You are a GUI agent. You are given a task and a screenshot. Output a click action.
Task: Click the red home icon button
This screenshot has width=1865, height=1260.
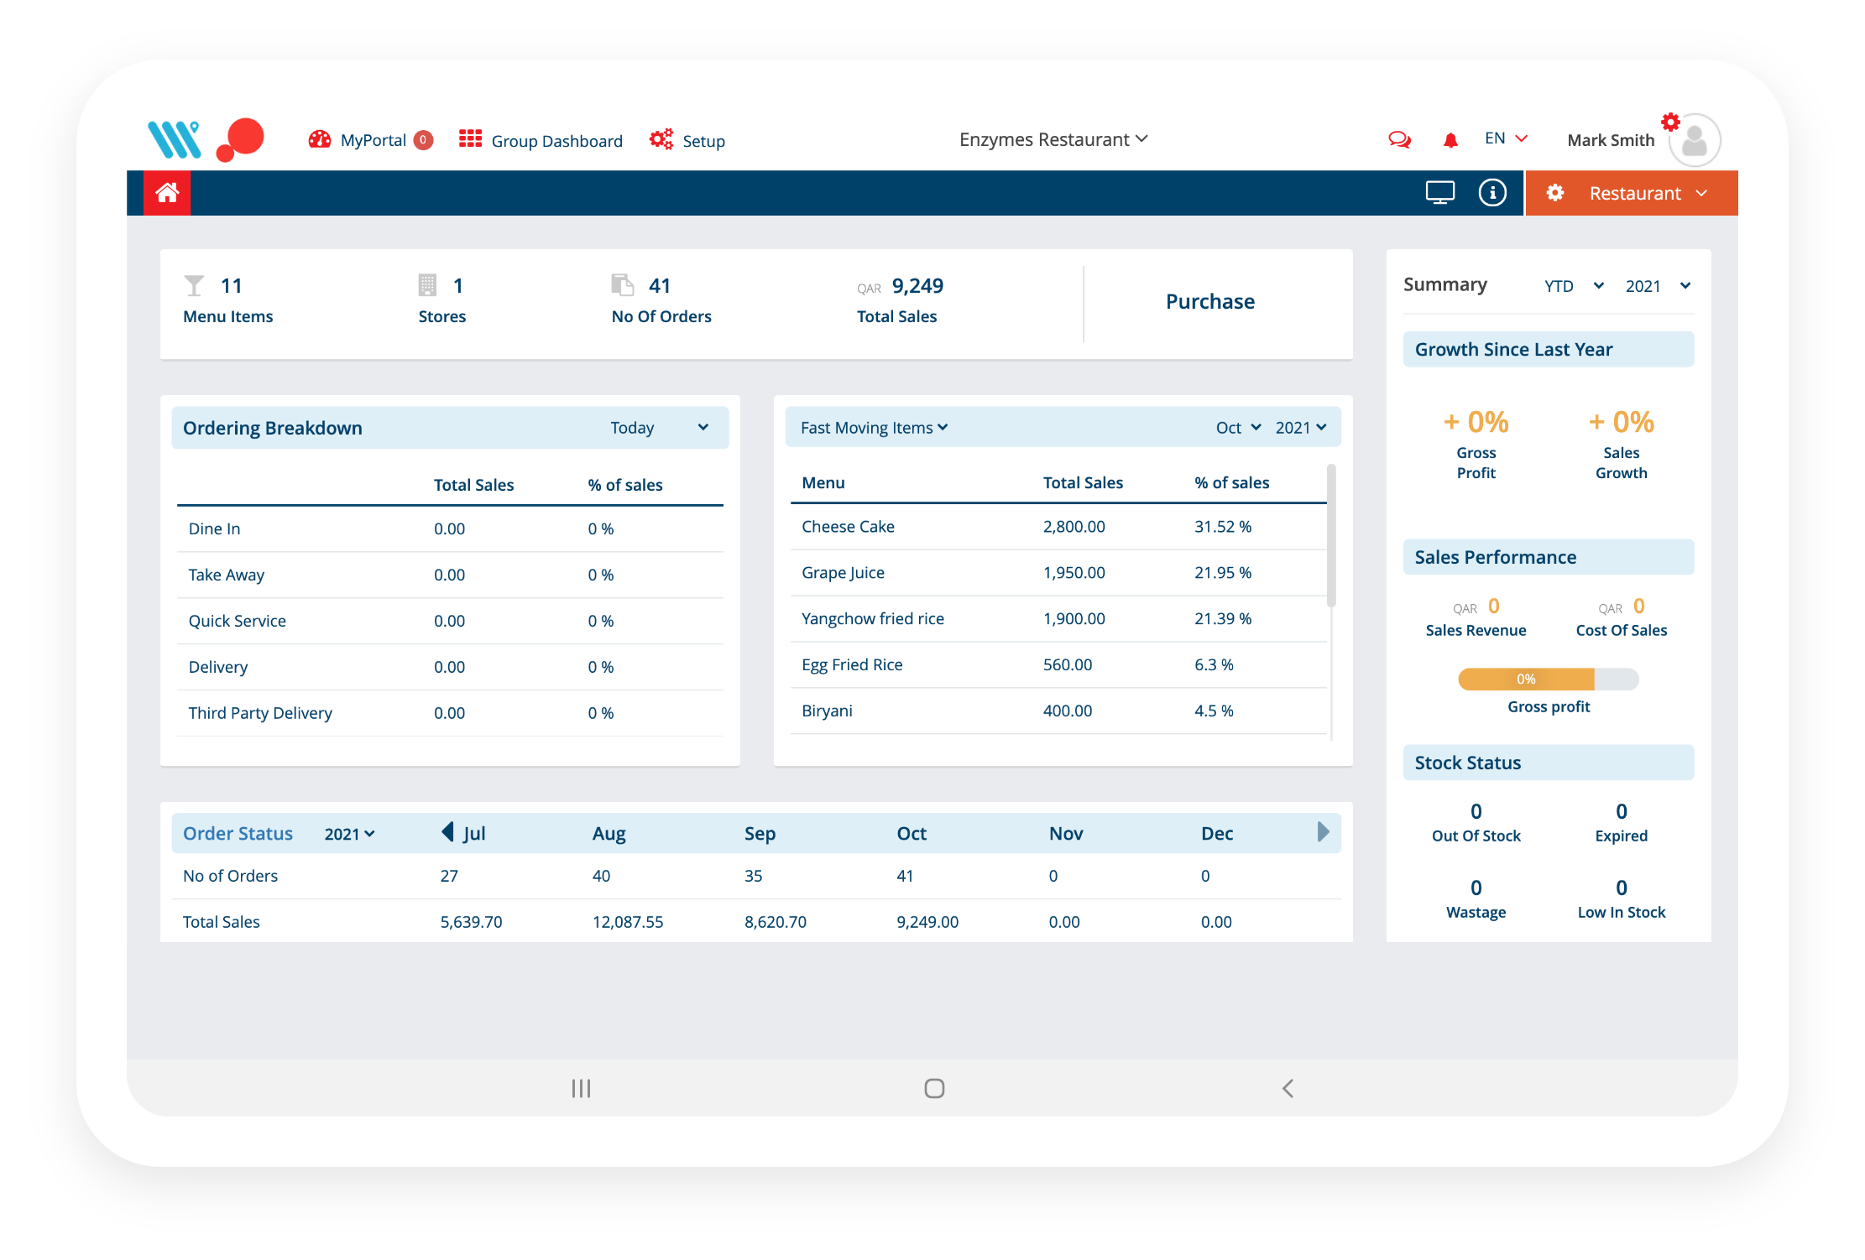tap(167, 193)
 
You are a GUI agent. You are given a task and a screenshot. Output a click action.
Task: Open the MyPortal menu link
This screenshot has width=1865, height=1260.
tap(372, 140)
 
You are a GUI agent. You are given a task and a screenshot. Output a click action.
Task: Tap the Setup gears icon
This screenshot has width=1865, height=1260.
tap(661, 139)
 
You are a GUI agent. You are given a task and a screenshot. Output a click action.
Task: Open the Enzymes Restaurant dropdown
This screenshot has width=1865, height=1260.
tap(1053, 139)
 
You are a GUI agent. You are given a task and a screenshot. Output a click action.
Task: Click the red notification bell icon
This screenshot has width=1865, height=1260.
tap(1450, 140)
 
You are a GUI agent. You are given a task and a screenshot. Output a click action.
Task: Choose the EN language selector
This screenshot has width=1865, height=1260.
tap(1505, 138)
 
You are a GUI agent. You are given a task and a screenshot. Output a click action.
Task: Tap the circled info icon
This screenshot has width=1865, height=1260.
tap(1491, 193)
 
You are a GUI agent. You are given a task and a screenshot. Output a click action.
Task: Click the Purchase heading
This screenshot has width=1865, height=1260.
tap(1209, 301)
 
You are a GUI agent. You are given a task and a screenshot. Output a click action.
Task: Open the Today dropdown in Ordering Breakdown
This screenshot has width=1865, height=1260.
tap(660, 428)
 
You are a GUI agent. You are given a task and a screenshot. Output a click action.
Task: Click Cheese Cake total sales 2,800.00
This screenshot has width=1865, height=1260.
tap(1074, 527)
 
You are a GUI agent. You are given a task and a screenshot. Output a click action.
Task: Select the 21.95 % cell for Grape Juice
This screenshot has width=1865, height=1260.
tap(1222, 573)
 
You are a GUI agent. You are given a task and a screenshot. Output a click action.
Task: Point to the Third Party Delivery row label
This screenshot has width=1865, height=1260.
tap(260, 713)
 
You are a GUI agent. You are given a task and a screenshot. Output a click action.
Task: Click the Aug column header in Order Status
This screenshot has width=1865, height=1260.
tap(609, 833)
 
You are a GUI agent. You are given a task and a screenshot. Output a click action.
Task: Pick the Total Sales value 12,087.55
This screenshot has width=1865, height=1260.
tap(627, 922)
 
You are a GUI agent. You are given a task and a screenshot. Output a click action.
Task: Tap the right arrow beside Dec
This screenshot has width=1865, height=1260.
tap(1323, 832)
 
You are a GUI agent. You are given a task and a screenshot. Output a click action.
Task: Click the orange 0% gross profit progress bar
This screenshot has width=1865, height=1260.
tap(1525, 679)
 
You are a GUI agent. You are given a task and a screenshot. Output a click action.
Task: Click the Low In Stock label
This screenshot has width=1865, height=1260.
tap(1621, 912)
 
